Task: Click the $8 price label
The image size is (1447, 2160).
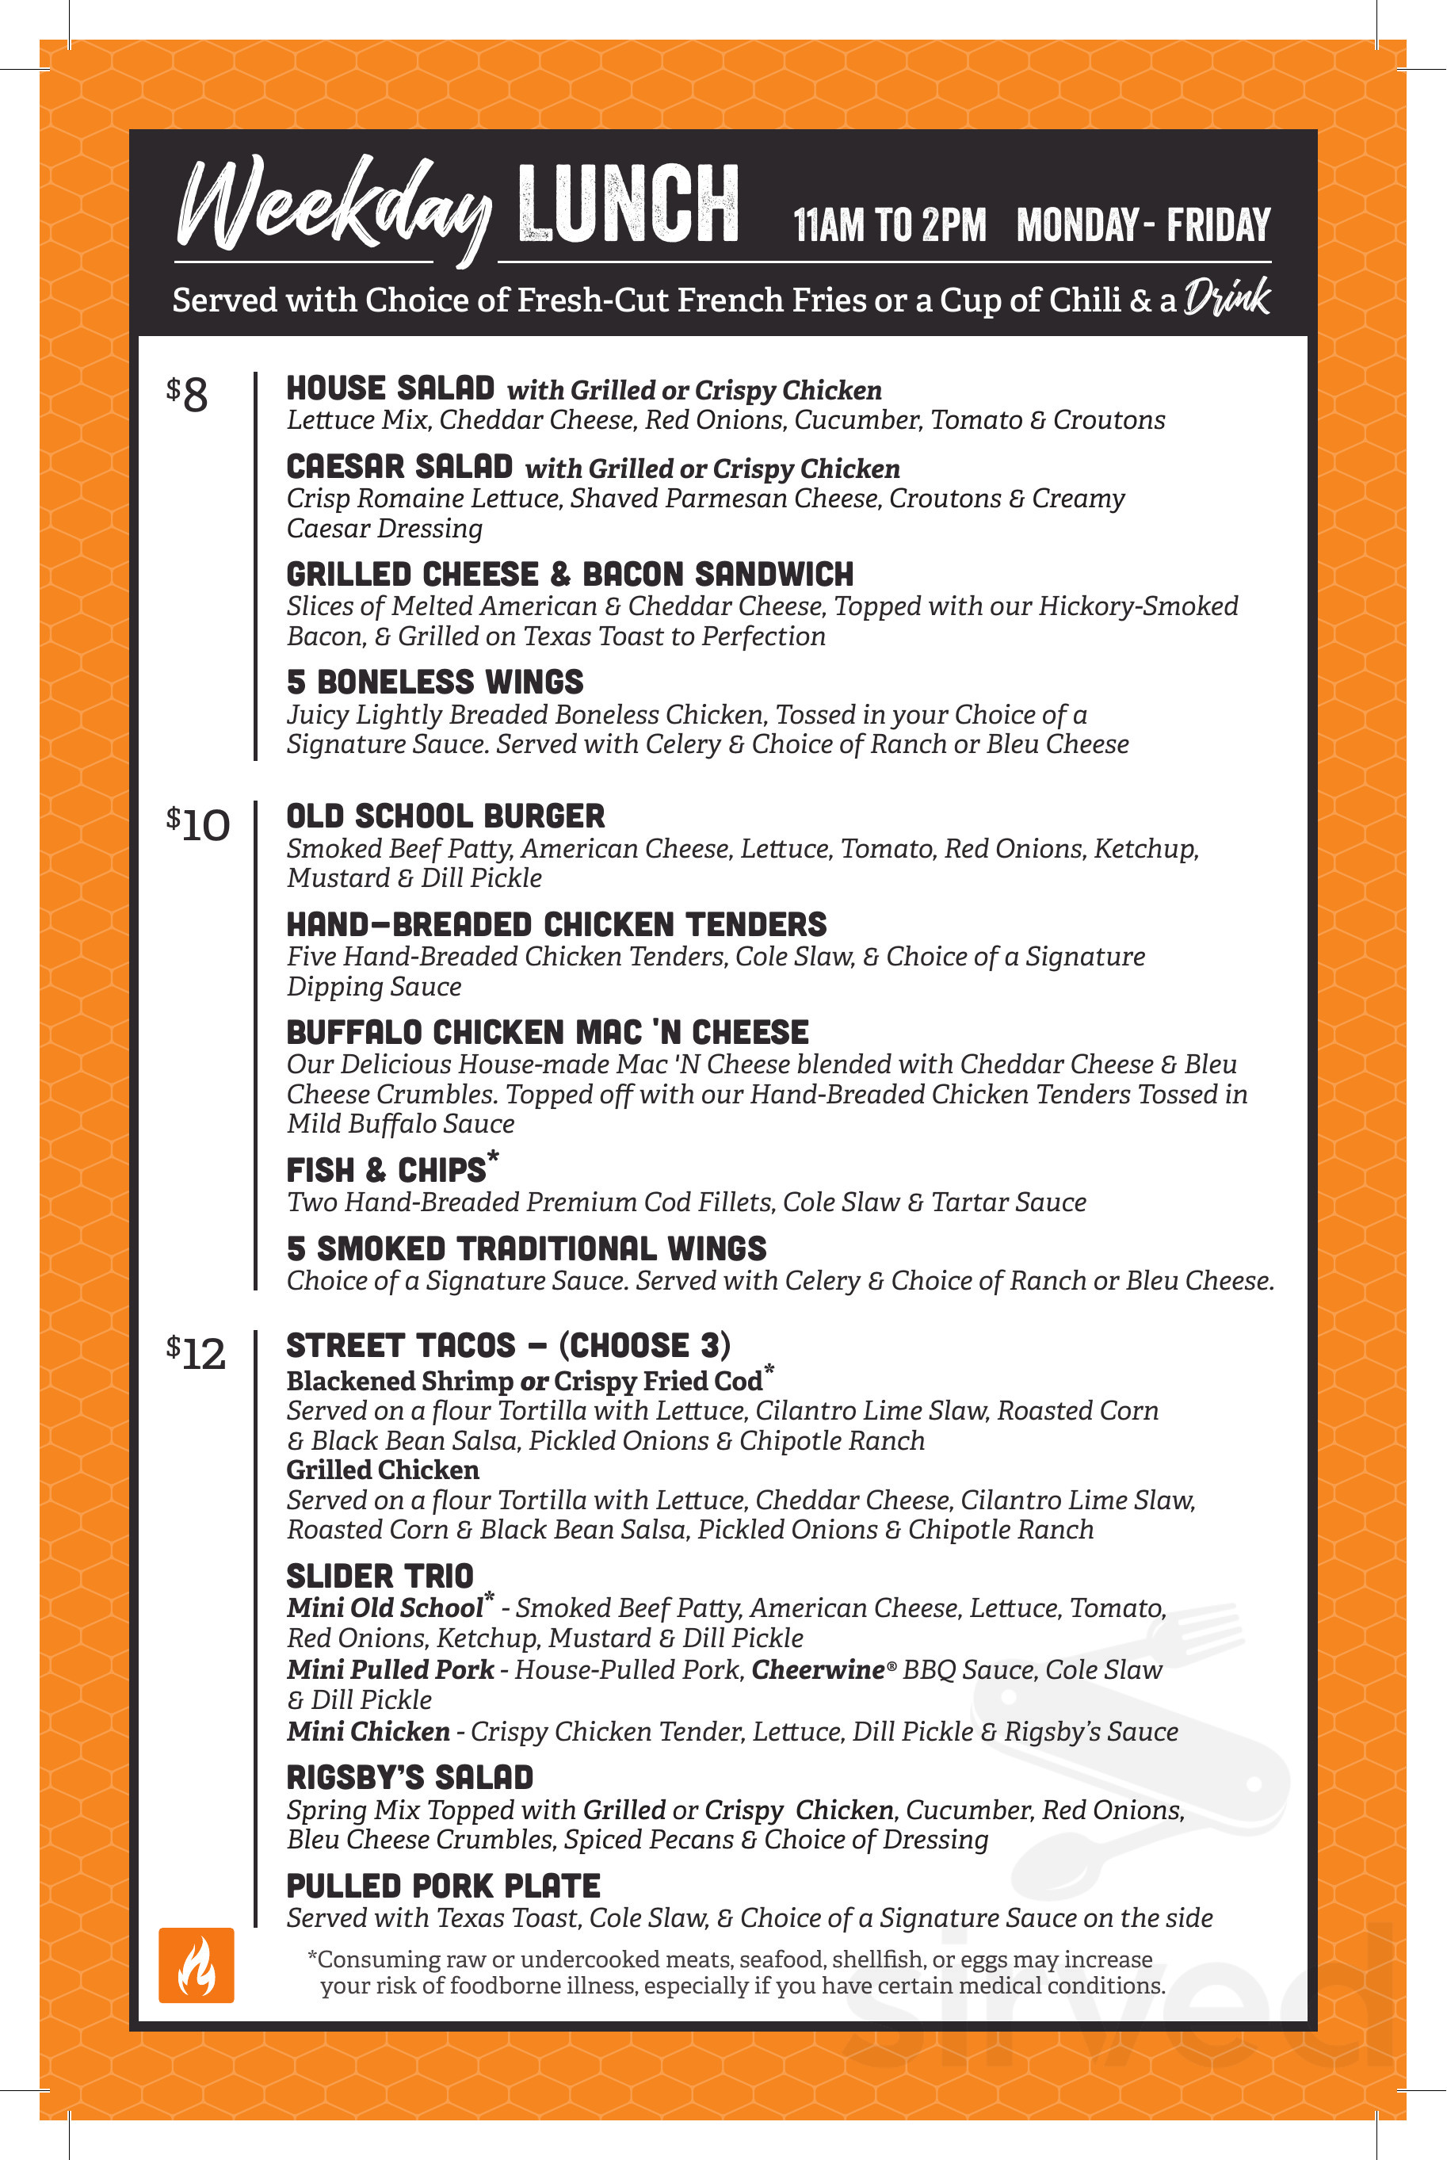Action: [187, 395]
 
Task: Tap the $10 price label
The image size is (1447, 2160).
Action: [197, 824]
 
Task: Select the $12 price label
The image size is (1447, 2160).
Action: [196, 1353]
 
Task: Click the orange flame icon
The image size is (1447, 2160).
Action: [196, 1964]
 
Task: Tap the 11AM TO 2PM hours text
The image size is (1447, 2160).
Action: [890, 224]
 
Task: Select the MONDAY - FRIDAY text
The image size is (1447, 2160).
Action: [1143, 224]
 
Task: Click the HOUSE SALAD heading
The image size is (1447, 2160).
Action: [391, 388]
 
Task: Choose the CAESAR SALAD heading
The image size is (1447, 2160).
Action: [399, 466]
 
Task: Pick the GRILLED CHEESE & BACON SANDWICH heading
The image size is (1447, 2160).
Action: [570, 574]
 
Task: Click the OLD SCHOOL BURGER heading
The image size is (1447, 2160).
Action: [445, 816]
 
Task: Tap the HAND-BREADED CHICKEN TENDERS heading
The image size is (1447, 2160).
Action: [556, 924]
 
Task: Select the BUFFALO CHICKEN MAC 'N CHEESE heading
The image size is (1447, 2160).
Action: [548, 1032]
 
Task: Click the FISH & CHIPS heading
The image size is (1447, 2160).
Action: [387, 1169]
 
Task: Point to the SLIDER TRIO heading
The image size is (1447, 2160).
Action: [380, 1576]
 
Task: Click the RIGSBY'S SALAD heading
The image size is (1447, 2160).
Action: [410, 1777]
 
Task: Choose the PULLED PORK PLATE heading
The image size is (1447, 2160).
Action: [443, 1885]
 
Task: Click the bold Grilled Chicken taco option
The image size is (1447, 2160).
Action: [382, 1470]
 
